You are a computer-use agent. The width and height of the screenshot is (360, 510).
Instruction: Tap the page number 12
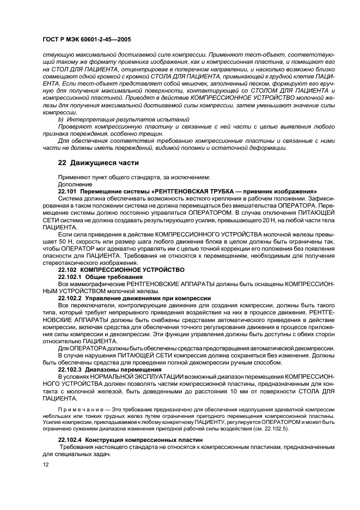click(x=46, y=464)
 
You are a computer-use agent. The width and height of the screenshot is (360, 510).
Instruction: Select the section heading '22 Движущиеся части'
click(x=98, y=162)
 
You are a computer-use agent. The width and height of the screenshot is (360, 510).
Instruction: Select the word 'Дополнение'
click(x=74, y=185)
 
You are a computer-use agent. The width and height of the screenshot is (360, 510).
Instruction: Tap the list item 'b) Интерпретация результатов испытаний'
click(x=124, y=119)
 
